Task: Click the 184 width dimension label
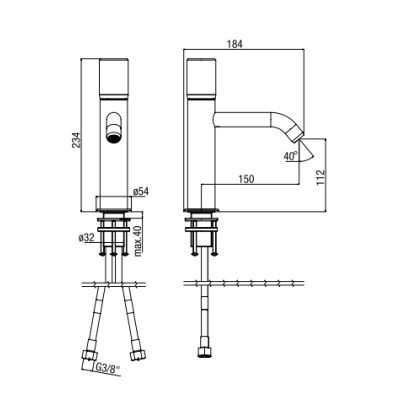pyautogui.click(x=236, y=44)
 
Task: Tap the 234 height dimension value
pyautogui.click(x=76, y=140)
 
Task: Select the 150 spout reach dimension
pyautogui.click(x=246, y=179)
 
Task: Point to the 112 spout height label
pyautogui.click(x=320, y=177)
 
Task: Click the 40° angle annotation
pyautogui.click(x=291, y=155)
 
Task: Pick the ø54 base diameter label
pyautogui.click(x=140, y=191)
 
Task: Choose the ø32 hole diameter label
pyautogui.click(x=86, y=238)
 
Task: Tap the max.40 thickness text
pyautogui.click(x=139, y=241)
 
